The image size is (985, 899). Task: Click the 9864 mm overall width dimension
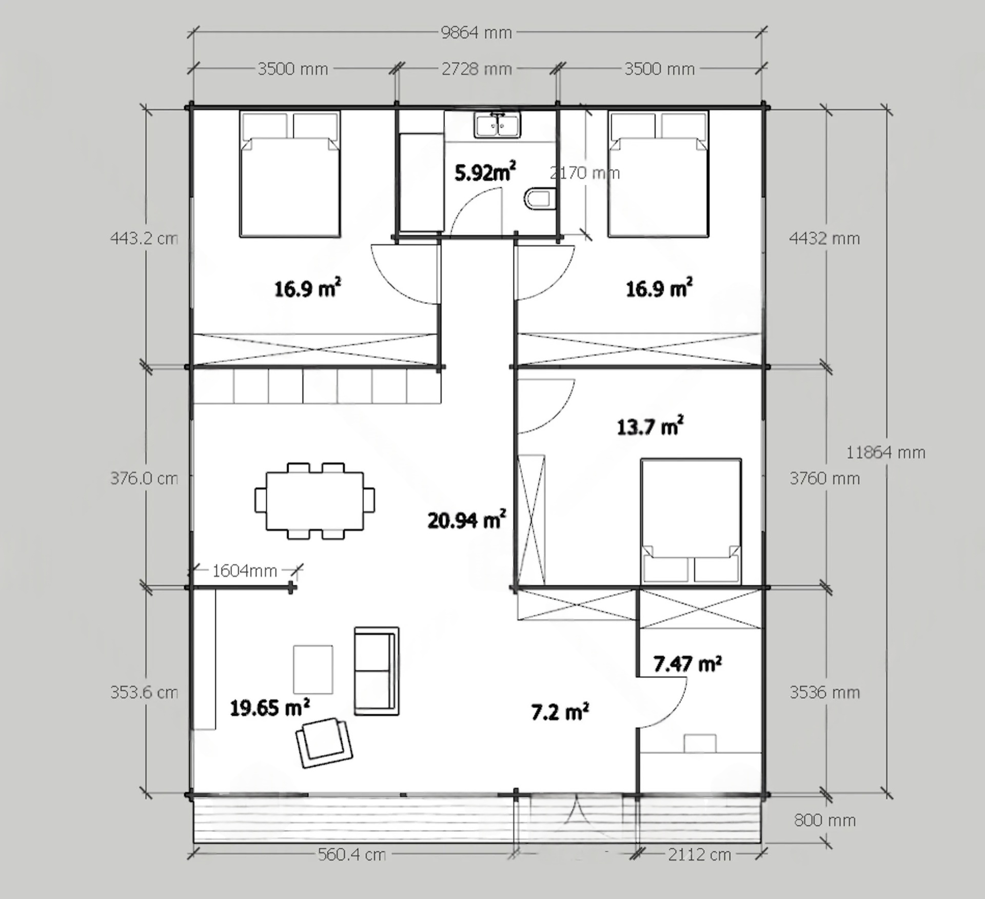pos(477,33)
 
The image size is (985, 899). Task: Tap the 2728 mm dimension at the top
pos(477,69)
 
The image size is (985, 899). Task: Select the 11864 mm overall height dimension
pos(885,453)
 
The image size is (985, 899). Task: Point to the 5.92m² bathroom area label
pos(485,172)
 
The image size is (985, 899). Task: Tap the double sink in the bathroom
pos(497,125)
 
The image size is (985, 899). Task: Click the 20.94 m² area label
pos(467,520)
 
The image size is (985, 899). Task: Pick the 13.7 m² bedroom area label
pos(650,426)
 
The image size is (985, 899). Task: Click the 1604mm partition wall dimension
pos(245,571)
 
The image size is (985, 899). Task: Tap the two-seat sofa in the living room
pos(377,671)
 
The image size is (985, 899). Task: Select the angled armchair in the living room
pos(324,742)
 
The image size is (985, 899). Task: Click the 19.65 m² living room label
pos(270,708)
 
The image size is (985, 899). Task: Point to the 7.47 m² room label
pos(688,663)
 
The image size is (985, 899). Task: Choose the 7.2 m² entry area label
pos(560,712)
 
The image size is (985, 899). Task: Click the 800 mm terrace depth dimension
pos(825,820)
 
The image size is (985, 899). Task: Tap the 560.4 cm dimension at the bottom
pos(352,855)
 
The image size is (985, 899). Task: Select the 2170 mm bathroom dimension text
pos(585,173)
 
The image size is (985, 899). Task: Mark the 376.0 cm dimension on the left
pos(144,479)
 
